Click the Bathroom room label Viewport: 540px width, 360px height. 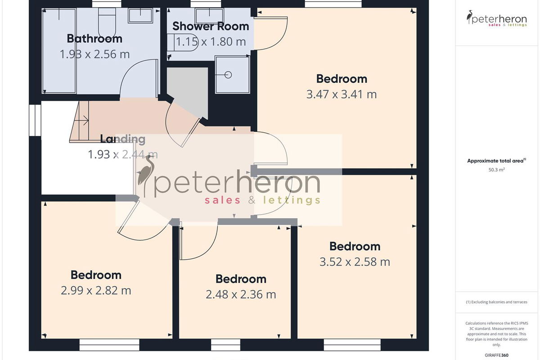94,39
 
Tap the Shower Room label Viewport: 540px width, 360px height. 211,26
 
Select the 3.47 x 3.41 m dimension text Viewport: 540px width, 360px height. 342,94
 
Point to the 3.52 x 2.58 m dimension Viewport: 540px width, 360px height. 355,262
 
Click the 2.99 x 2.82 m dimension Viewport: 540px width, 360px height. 96,290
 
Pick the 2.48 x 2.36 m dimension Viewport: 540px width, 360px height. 241,294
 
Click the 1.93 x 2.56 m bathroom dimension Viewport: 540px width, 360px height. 94,54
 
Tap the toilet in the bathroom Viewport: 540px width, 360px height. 107,22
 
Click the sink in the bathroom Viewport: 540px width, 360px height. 140,16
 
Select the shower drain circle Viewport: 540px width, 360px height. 228,75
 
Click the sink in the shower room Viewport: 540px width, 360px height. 209,16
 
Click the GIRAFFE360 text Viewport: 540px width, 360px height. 497,355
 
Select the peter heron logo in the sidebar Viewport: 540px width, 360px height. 497,18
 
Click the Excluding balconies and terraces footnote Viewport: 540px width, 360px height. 497,302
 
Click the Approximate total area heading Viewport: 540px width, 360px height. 497,161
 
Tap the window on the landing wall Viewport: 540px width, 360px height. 35,120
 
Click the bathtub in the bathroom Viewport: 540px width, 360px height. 59,51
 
